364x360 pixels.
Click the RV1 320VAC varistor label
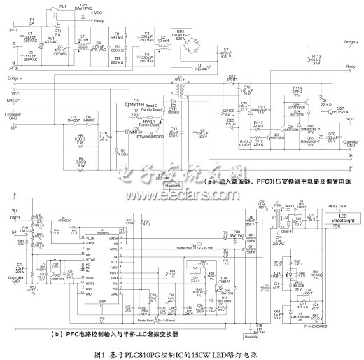pos(50,39)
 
